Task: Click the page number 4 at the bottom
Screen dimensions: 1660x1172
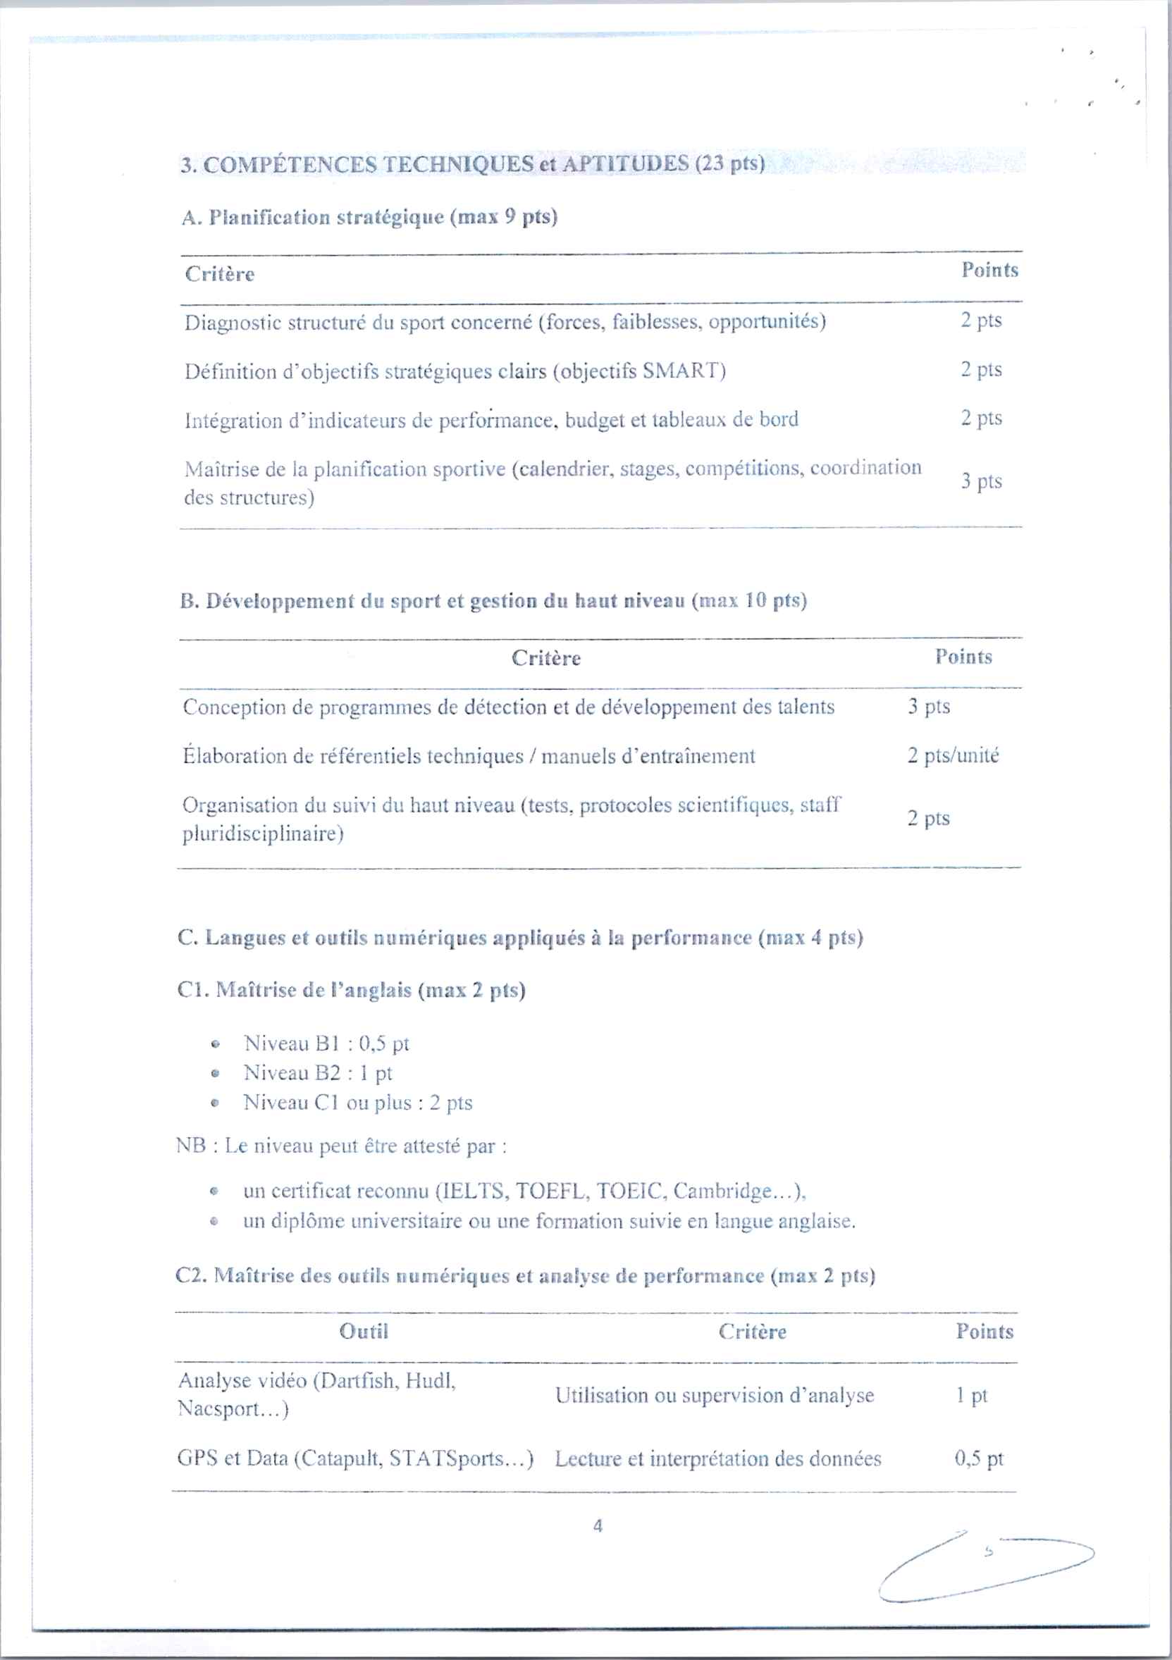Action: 597,1525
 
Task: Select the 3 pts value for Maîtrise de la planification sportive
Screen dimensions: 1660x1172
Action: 981,481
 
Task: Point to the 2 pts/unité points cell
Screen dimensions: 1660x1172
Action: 953,755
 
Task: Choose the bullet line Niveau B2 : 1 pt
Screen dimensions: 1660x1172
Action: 317,1073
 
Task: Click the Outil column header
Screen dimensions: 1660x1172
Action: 364,1331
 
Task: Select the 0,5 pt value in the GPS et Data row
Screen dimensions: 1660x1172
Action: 979,1458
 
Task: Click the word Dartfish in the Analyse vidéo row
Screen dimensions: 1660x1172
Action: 359,1381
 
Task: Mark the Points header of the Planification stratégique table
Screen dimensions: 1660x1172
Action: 989,271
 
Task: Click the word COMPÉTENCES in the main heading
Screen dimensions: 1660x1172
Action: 289,165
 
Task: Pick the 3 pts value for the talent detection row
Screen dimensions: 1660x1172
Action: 928,707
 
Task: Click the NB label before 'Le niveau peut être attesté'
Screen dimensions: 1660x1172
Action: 191,1146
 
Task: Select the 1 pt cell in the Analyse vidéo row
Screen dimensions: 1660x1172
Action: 971,1394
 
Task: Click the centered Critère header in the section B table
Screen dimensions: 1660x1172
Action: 546,658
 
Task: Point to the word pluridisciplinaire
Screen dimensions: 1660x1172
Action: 261,834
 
